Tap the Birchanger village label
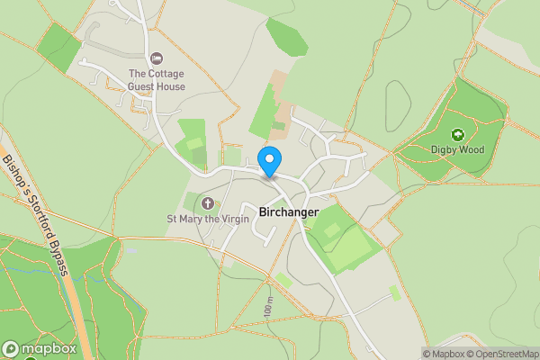(289, 212)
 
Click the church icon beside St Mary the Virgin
(208, 203)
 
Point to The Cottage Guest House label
(157, 80)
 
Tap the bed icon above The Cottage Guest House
(157, 58)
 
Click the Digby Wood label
(457, 149)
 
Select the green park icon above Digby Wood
(457, 135)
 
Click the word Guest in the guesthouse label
(168, 86)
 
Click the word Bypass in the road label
(59, 262)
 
